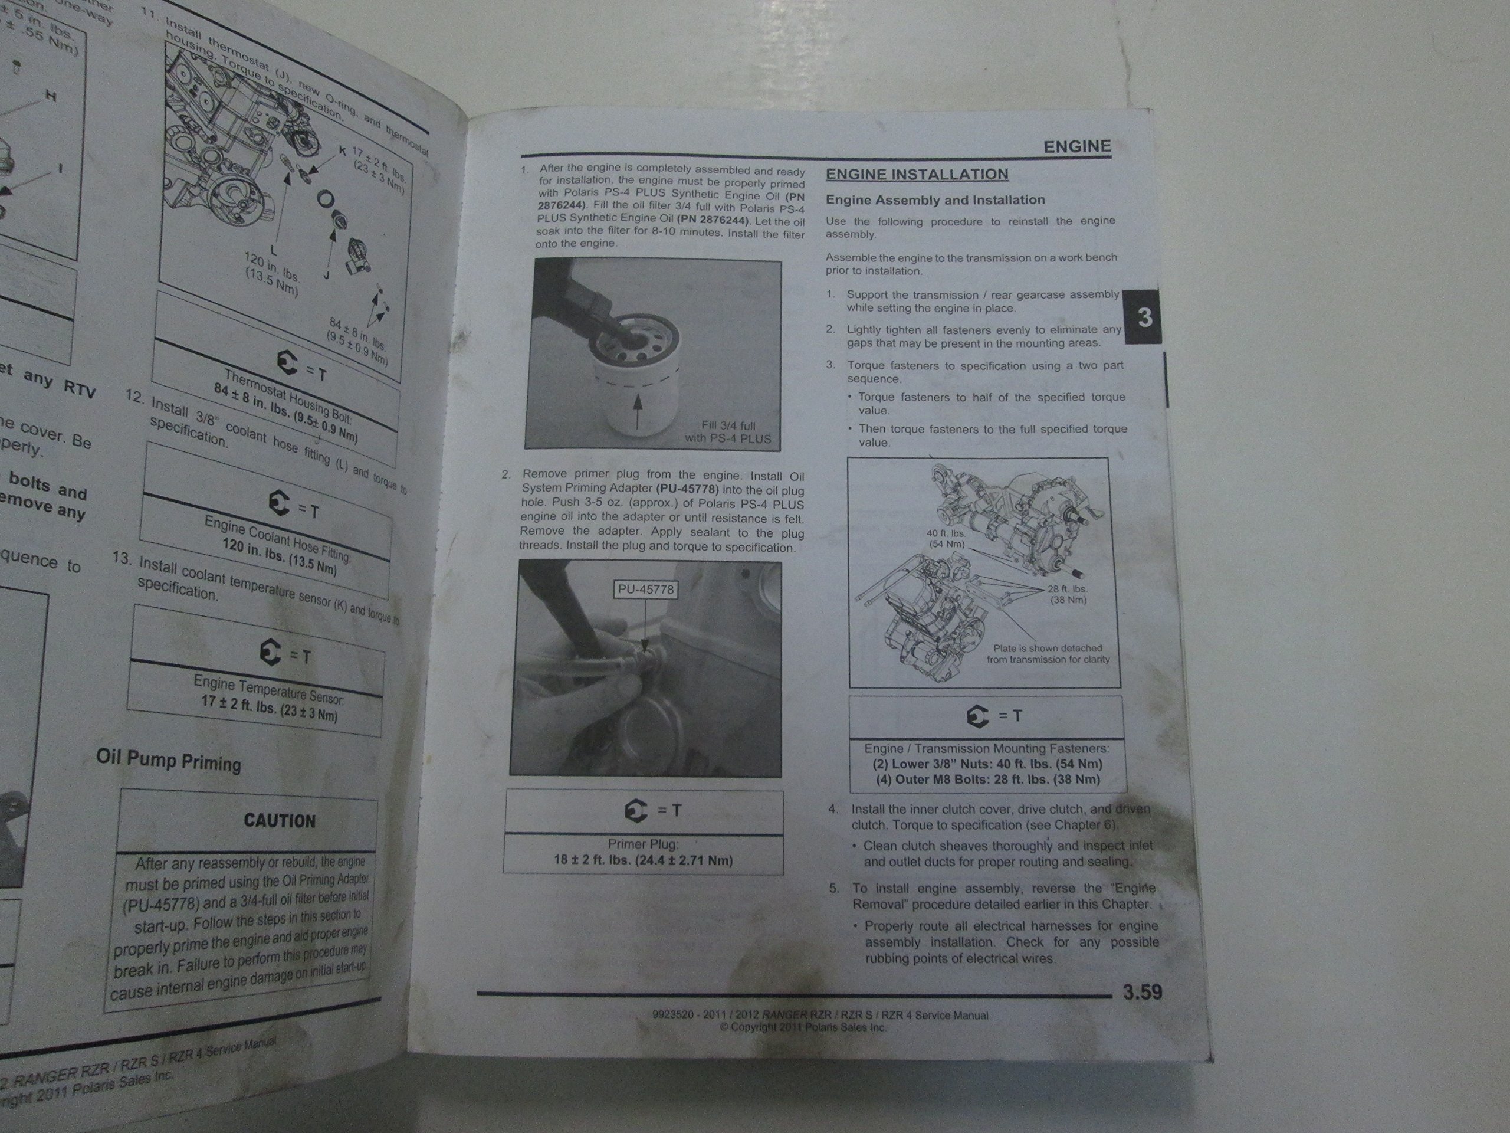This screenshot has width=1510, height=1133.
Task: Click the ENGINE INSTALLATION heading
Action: coord(917,174)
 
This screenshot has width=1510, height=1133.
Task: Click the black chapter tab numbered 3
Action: coord(1145,317)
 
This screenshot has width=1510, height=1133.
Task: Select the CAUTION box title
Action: coord(280,820)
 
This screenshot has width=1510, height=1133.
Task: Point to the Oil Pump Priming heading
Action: coord(169,760)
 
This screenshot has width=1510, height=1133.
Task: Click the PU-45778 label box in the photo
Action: coord(645,590)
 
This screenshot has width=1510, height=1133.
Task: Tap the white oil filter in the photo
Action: coord(638,382)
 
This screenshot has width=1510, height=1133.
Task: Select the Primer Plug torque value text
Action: coord(643,860)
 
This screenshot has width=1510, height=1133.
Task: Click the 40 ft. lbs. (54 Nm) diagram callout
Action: coord(946,539)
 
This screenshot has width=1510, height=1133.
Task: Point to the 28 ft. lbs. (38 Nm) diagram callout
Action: coord(1068,594)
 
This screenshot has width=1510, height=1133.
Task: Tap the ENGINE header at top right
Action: coord(1076,146)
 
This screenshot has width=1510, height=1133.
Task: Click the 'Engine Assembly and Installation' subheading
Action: coord(935,200)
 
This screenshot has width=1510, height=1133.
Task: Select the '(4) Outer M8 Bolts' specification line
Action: coord(988,780)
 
